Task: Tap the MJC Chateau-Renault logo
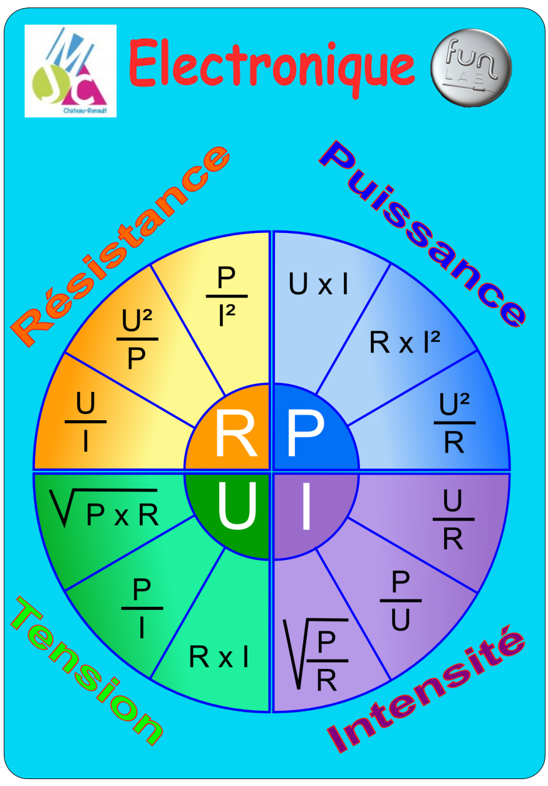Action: point(70,71)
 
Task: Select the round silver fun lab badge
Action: point(471,65)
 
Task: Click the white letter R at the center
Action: point(235,433)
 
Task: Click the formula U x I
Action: point(318,285)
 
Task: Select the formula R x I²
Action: point(405,343)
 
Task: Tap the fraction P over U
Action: point(401,601)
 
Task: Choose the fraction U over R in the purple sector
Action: point(453,520)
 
